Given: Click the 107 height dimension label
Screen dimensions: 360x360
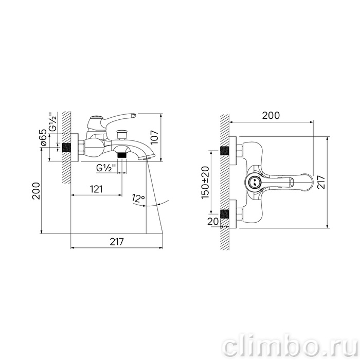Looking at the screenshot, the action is (155, 137).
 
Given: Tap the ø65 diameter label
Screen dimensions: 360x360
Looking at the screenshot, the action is (44, 137).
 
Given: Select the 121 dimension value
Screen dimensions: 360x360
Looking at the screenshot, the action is (96, 189).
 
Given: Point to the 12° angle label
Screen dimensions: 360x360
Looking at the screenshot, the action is (138, 198).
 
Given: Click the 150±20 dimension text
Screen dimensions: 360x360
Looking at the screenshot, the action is (206, 183).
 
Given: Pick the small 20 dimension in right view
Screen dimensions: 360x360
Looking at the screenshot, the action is (213, 222).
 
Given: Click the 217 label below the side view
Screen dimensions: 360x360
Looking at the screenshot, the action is (117, 242).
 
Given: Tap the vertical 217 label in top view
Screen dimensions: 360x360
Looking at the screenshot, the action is (321, 182).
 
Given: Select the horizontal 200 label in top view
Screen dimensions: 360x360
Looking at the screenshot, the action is (271, 116).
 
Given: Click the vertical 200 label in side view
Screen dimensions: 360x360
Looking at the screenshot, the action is (37, 191).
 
